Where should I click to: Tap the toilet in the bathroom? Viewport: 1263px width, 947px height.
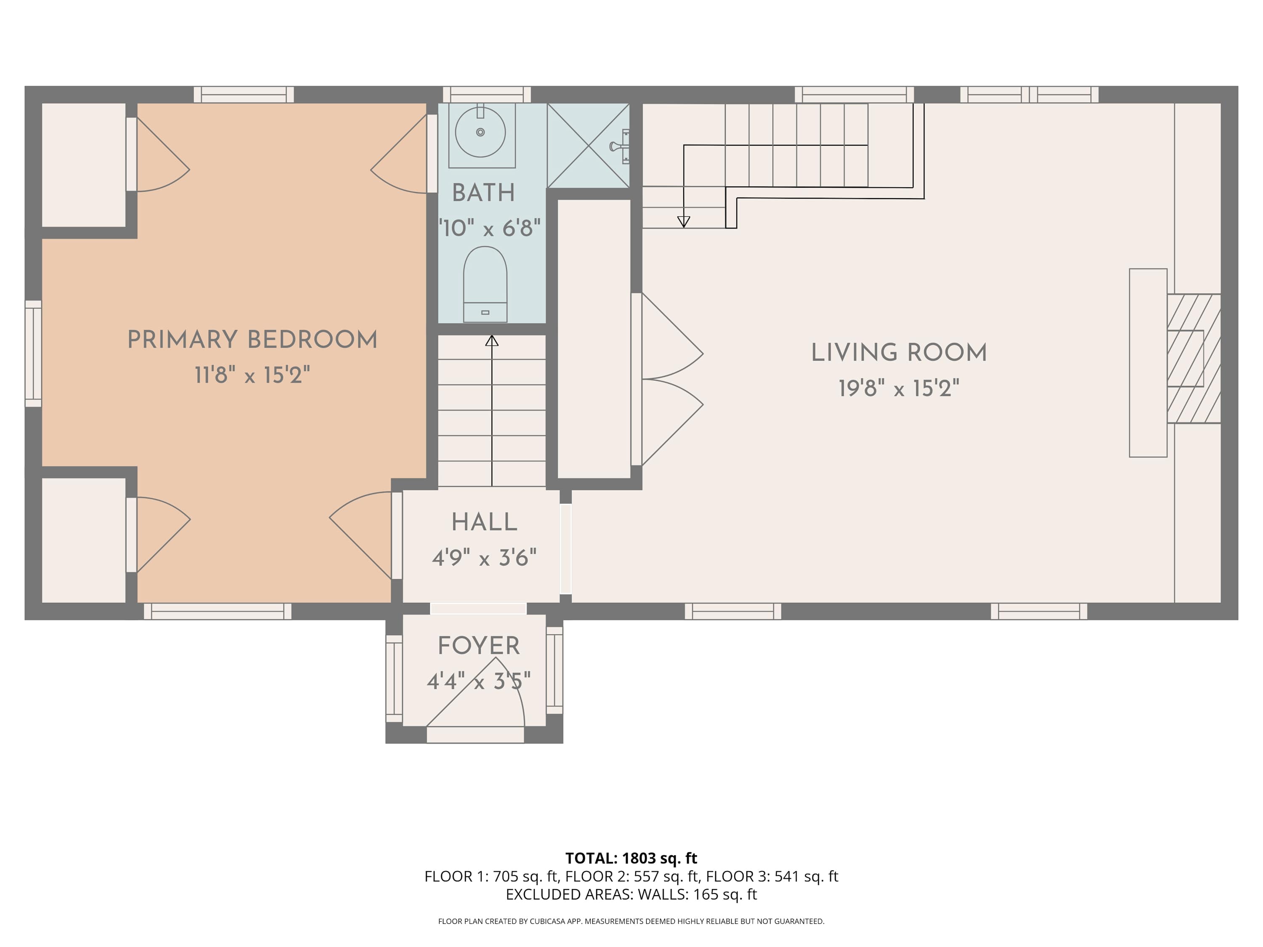[485, 284]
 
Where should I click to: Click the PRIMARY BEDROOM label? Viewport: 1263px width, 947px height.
[252, 340]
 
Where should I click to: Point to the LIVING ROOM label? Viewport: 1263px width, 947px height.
[899, 353]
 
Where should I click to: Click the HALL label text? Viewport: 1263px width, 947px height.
[484, 522]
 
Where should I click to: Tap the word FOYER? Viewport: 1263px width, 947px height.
[479, 646]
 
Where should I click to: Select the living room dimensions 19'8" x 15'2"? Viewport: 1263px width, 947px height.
[899, 388]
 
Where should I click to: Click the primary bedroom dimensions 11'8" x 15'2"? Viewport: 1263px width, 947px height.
[252, 375]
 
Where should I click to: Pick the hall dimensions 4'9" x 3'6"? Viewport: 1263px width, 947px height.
[484, 557]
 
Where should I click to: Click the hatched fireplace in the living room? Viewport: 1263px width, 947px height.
[1194, 359]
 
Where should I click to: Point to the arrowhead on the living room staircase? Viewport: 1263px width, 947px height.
[683, 222]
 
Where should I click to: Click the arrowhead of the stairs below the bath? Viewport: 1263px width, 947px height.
[492, 341]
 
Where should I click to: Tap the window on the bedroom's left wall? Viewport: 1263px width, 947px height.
[33, 354]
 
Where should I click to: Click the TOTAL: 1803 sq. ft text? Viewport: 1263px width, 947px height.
[631, 858]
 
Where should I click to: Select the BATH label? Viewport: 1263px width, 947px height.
[484, 192]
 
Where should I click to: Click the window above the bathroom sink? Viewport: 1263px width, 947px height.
[487, 94]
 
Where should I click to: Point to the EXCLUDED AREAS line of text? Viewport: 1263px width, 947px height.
[631, 894]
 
